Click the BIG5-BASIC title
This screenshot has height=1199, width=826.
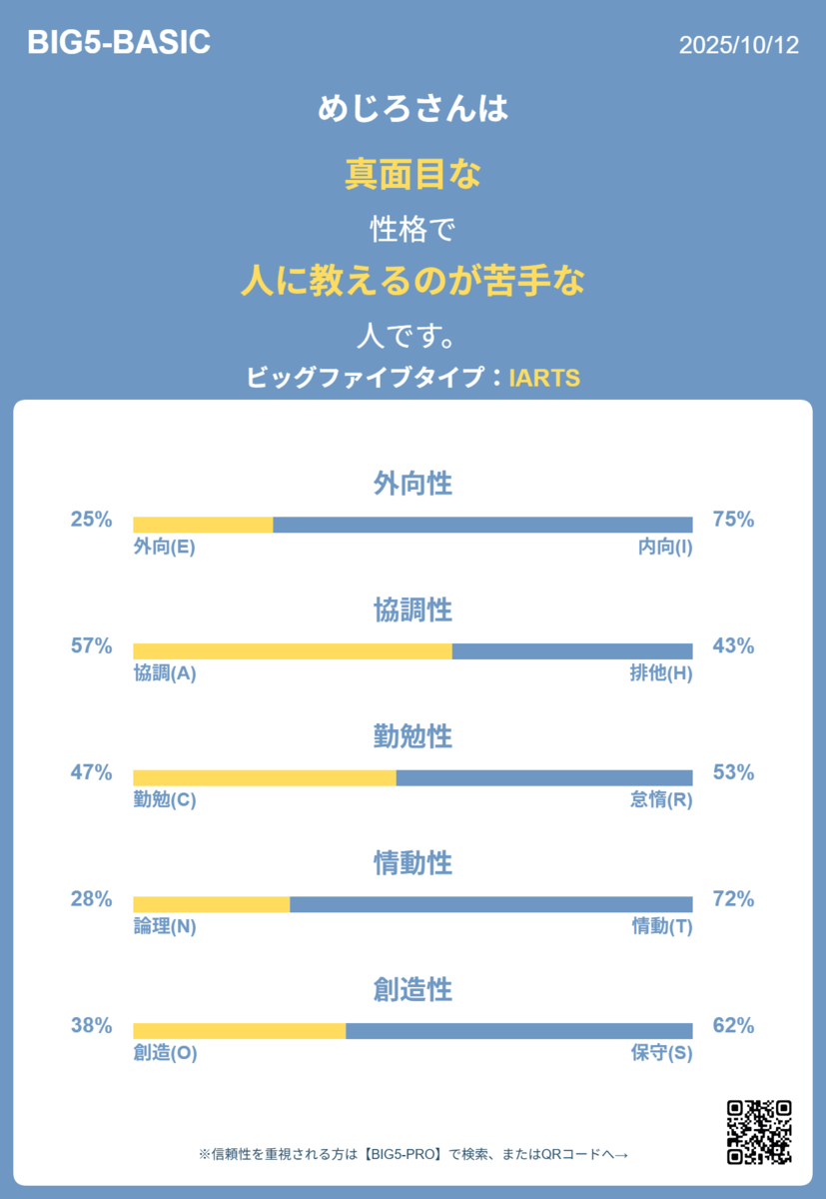click(119, 42)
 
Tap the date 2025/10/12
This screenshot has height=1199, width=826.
click(739, 45)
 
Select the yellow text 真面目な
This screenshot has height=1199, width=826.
click(413, 174)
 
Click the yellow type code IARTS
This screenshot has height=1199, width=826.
click(544, 378)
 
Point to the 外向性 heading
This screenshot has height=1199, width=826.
click(413, 483)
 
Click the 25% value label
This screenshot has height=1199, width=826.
click(92, 520)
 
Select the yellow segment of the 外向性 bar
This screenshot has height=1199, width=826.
click(204, 525)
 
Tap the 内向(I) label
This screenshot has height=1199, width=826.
click(665, 548)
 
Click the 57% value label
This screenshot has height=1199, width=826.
click(92, 646)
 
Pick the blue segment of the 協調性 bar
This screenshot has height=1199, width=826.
click(572, 651)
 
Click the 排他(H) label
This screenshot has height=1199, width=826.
click(661, 673)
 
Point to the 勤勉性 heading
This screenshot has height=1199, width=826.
click(413, 736)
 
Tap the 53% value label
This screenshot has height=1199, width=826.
click(733, 772)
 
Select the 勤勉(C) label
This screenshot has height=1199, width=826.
click(165, 799)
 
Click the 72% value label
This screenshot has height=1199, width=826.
click(733, 899)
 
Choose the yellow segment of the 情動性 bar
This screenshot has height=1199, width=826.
click(212, 904)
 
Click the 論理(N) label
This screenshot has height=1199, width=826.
click(165, 926)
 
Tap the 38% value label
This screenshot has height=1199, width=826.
click(92, 1025)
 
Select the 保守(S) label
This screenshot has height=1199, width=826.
click(662, 1053)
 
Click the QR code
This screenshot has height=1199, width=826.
click(759, 1131)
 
